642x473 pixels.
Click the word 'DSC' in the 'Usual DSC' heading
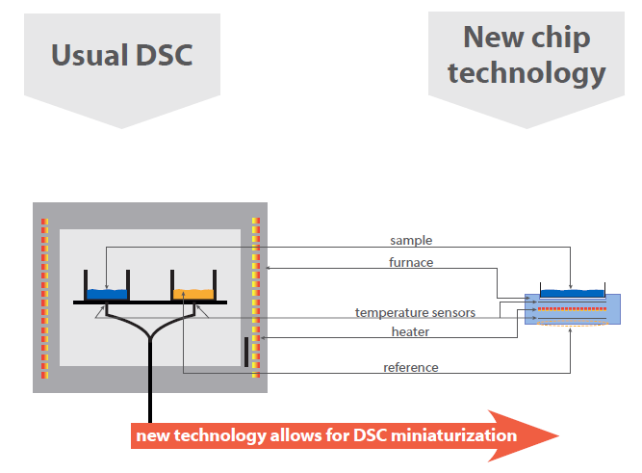(x=164, y=55)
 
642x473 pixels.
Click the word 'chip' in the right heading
(x=561, y=39)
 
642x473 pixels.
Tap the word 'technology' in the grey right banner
(x=526, y=73)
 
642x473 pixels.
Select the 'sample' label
(x=411, y=241)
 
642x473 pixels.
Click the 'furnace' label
(x=411, y=262)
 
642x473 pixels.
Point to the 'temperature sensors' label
(x=415, y=313)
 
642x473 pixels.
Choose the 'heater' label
(x=410, y=331)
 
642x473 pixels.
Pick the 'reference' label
(x=411, y=367)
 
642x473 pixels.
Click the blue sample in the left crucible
(x=107, y=294)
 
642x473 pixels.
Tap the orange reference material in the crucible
(x=193, y=294)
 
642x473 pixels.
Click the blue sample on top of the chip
(x=572, y=293)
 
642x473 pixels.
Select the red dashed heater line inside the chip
(x=572, y=308)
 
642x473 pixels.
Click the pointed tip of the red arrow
(x=559, y=435)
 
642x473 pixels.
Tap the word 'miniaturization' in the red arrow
(x=454, y=435)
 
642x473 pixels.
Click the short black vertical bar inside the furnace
(x=246, y=352)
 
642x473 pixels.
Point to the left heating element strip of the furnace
(x=44, y=299)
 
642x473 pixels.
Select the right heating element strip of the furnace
(x=256, y=298)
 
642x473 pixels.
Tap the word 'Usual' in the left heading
(x=90, y=55)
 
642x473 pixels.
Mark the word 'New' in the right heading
(x=494, y=37)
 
